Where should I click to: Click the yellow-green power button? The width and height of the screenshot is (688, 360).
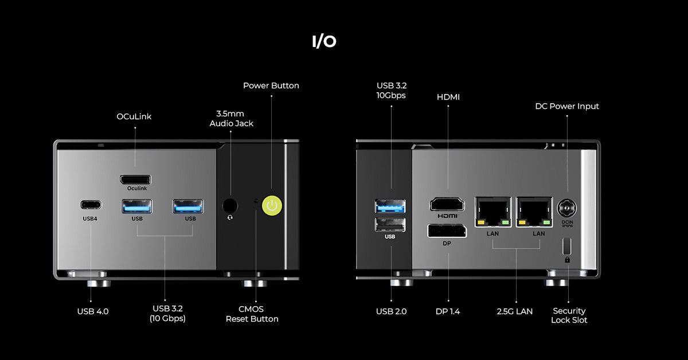(x=272, y=206)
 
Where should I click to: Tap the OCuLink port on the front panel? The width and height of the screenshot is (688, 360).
(x=136, y=179)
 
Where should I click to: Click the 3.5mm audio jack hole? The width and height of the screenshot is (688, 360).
(x=230, y=206)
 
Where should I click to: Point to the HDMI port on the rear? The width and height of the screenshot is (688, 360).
(x=448, y=204)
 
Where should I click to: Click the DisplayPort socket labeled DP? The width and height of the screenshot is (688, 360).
(x=447, y=231)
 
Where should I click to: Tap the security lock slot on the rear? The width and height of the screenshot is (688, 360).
(x=567, y=245)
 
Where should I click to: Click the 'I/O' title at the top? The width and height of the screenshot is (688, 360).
(x=324, y=42)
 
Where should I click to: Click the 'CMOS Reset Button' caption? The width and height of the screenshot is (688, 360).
(x=252, y=314)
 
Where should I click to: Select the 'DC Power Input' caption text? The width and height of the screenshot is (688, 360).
(x=567, y=106)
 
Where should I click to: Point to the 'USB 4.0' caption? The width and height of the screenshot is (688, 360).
(x=93, y=311)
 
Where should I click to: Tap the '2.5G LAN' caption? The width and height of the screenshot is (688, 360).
(x=515, y=311)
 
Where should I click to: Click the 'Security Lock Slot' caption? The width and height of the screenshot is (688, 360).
(x=569, y=315)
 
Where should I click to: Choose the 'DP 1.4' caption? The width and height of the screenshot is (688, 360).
(x=448, y=311)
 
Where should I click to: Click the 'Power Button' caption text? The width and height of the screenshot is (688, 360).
(x=271, y=85)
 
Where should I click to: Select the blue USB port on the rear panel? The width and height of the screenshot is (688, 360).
(x=390, y=205)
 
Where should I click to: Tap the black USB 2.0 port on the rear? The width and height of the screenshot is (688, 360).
(x=390, y=224)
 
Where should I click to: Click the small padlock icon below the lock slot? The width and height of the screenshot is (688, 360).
(x=567, y=260)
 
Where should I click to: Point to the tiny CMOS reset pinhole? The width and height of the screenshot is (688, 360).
(x=256, y=201)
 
